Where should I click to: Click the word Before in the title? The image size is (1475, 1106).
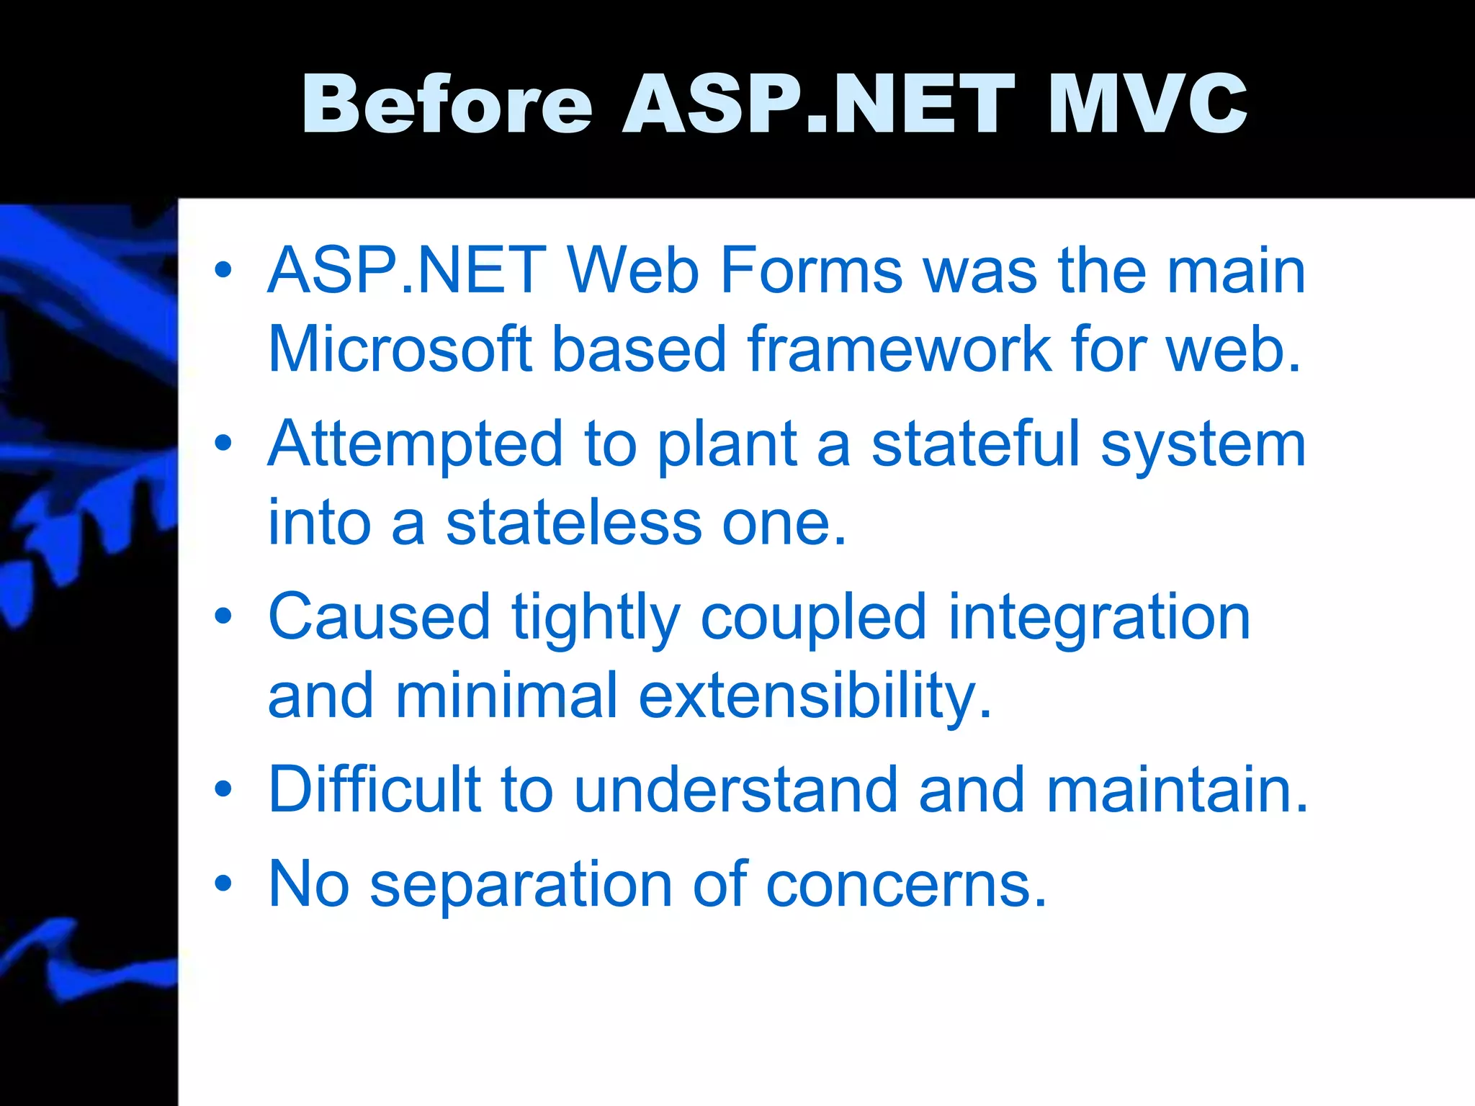tap(447, 104)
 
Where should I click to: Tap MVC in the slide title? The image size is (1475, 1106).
tap(1147, 104)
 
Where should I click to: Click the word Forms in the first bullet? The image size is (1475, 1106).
tap(810, 271)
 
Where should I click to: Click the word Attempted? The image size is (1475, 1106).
tap(415, 444)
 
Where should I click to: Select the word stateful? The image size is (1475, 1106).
tap(976, 444)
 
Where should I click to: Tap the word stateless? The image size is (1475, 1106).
tap(573, 523)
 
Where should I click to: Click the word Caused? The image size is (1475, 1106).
tap(379, 617)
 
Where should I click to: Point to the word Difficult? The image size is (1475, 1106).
tap(374, 790)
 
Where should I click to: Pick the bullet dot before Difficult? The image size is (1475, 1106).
tap(223, 788)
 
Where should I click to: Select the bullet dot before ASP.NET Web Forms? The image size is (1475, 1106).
tap(223, 271)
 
